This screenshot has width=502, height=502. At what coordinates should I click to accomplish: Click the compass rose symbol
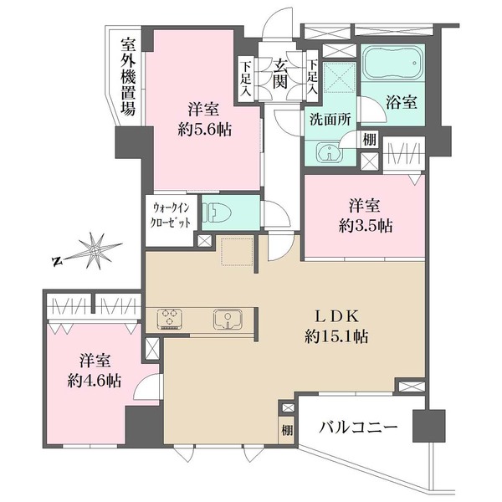coord(99,250)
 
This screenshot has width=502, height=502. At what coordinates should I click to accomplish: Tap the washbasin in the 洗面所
coord(329,152)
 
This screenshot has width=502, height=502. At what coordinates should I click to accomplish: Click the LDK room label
coord(337,316)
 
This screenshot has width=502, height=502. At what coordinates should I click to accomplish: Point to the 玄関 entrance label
coord(279,74)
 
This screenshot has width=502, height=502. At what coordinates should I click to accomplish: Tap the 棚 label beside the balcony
coord(287,431)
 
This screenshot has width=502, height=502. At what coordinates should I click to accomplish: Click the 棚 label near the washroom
coord(369,141)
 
